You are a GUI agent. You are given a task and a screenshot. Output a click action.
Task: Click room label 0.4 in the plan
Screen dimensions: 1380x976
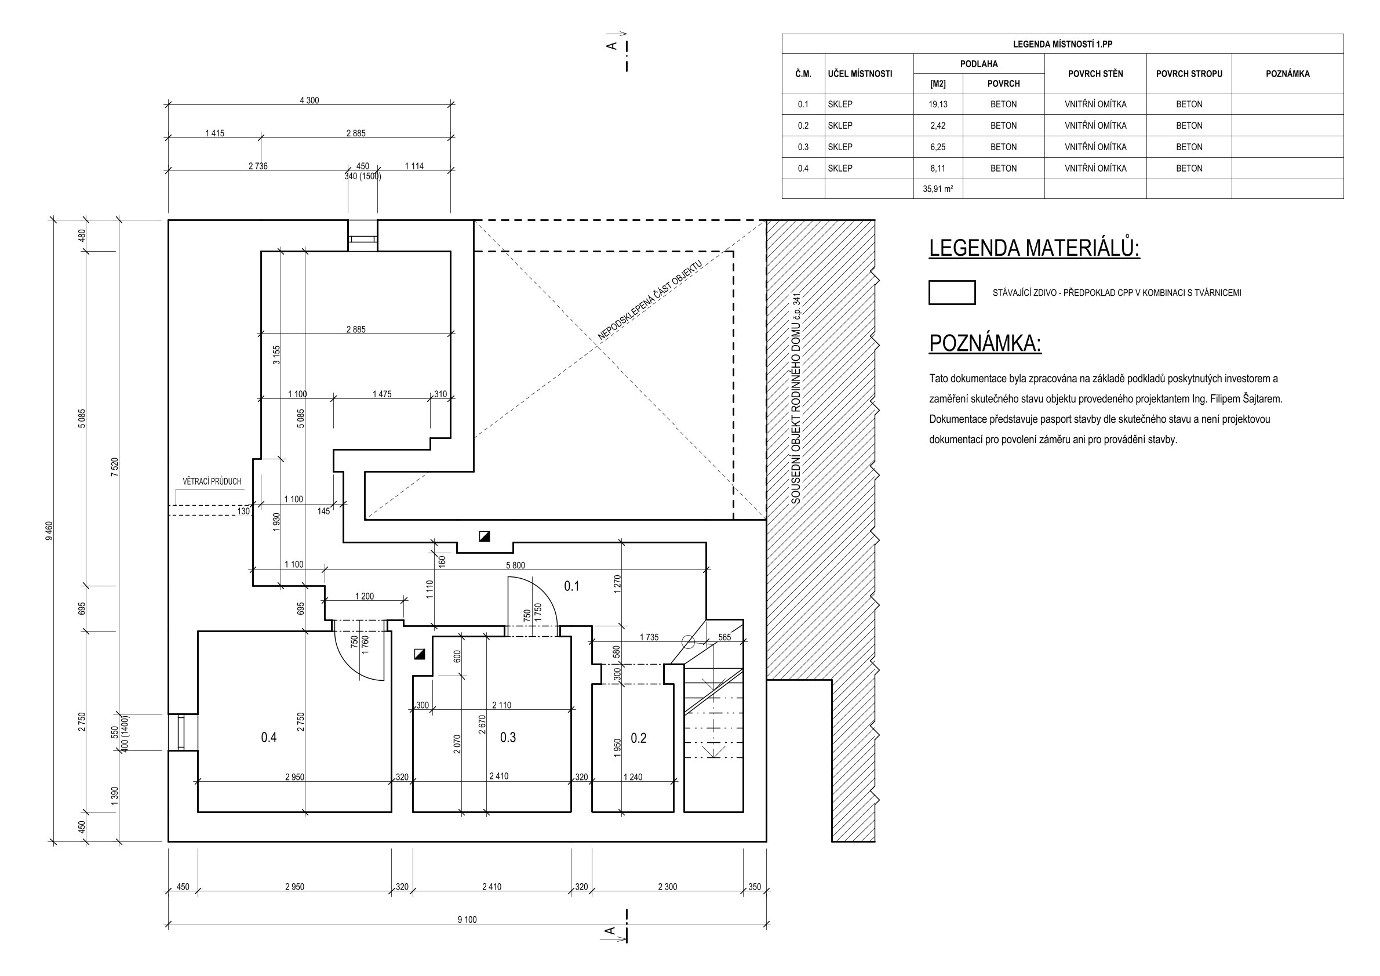(x=269, y=737)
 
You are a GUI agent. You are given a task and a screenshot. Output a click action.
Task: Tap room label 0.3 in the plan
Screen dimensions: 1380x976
(x=508, y=737)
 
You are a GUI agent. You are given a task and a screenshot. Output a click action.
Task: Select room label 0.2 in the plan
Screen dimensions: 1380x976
(x=638, y=738)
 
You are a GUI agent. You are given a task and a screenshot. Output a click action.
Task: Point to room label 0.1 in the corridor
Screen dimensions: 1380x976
(x=571, y=586)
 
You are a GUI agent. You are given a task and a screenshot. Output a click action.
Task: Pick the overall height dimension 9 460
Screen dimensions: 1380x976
(x=49, y=531)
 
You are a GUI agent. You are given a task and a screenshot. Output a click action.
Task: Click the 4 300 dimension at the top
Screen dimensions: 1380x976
(x=310, y=100)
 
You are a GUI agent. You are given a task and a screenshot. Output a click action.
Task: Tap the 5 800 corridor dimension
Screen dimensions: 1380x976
(x=516, y=565)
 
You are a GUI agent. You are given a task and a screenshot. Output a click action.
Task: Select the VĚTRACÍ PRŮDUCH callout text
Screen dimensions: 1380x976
(x=212, y=481)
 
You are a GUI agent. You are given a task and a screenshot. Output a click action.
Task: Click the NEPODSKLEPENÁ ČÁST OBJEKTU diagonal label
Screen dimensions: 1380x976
(x=650, y=300)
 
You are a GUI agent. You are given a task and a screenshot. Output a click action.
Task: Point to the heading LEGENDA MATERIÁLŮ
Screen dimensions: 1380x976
(x=1035, y=248)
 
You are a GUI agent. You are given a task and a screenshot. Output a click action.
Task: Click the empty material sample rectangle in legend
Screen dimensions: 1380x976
(x=952, y=293)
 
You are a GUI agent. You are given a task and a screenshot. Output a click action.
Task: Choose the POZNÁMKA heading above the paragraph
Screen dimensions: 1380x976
(x=985, y=343)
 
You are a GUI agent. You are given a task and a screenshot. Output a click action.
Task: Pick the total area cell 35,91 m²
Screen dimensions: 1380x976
(x=938, y=189)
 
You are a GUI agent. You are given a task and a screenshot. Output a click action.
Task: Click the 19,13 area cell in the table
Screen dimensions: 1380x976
(x=938, y=104)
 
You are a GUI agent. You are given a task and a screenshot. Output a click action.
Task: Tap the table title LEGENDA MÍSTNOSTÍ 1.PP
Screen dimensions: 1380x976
(x=1062, y=44)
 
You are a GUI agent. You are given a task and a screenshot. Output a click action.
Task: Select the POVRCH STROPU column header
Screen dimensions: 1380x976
(x=1189, y=74)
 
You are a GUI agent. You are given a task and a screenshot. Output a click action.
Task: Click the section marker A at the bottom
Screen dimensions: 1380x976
(x=610, y=931)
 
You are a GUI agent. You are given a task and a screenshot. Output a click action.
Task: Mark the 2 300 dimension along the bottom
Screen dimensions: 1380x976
(x=667, y=886)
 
